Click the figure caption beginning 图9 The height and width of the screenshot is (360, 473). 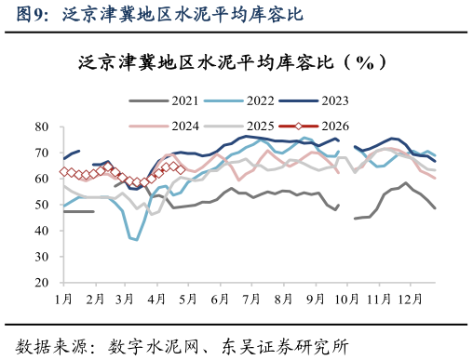153,14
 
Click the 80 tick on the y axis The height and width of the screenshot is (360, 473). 42,127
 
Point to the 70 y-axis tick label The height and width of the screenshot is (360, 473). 42,153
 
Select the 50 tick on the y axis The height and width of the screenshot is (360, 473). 42,204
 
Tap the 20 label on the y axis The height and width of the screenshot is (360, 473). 42,282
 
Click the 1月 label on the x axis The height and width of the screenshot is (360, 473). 63,299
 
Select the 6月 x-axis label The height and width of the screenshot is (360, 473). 220,299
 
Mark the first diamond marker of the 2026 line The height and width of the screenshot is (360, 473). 63,171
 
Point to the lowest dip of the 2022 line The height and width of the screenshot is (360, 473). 137,240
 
